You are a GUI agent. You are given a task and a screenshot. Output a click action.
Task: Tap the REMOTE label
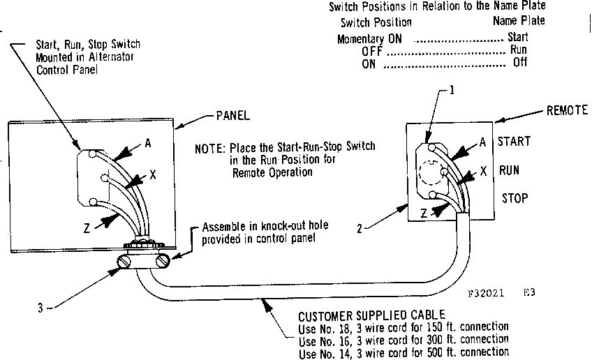(567, 110)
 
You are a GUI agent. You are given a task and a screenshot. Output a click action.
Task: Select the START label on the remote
(514, 142)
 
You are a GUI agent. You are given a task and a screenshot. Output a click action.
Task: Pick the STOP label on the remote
(515, 197)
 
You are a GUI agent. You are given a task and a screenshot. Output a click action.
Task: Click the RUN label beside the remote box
(510, 170)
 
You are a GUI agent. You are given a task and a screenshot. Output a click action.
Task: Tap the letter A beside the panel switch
(149, 144)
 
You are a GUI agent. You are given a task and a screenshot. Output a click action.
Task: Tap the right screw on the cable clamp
(163, 262)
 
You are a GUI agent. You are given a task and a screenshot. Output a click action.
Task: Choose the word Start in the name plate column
(517, 36)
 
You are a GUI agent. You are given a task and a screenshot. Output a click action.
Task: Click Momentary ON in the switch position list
(369, 39)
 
